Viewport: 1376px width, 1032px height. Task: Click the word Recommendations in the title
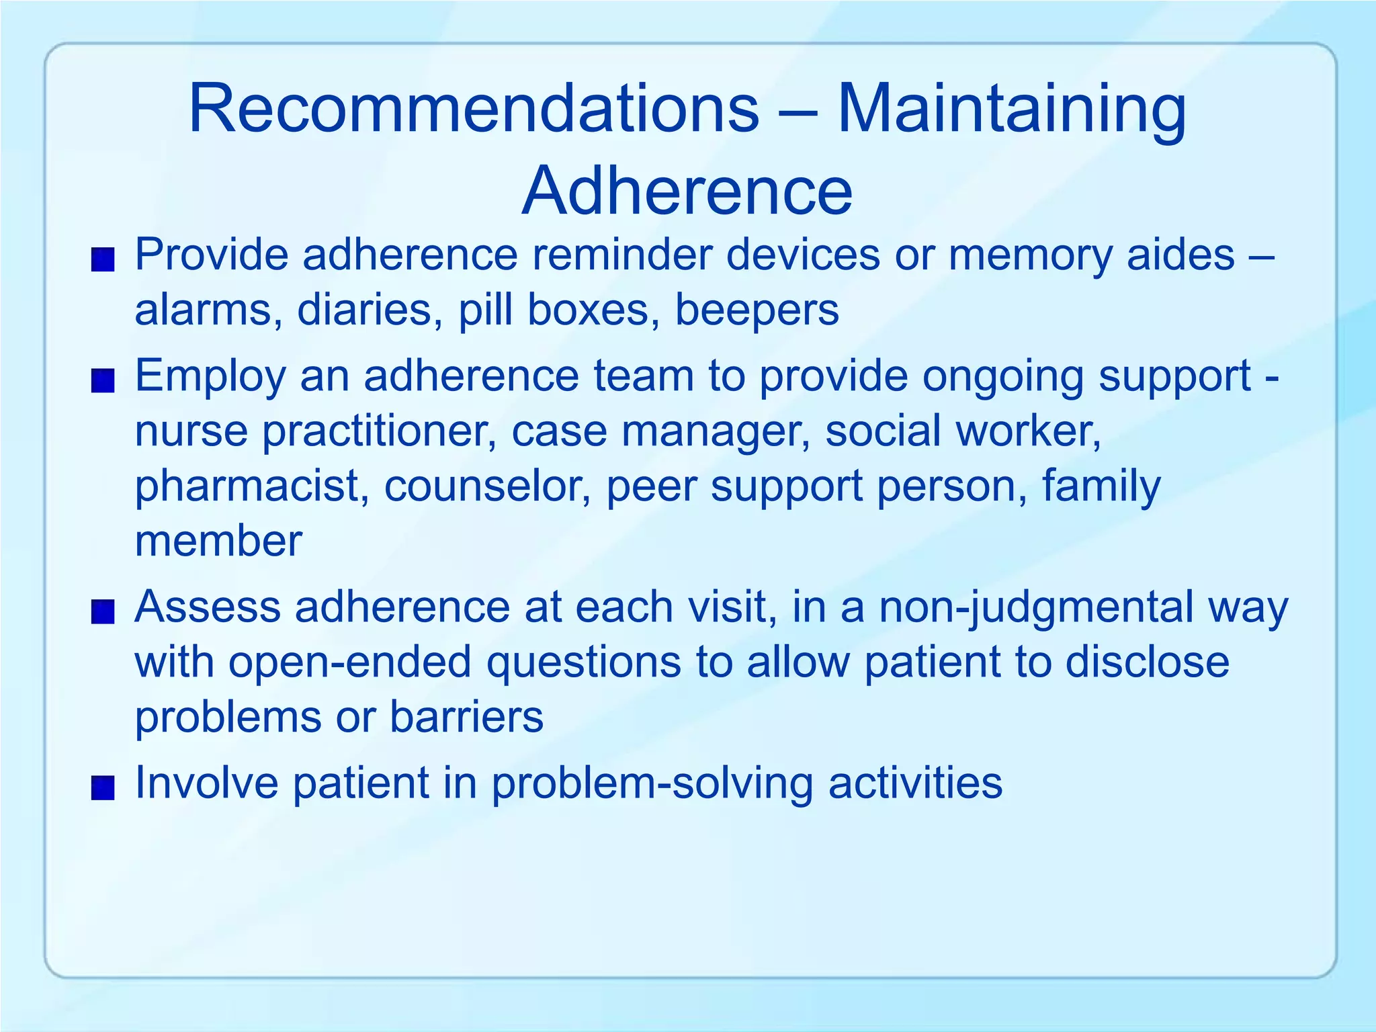tap(474, 109)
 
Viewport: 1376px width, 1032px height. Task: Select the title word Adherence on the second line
tap(687, 191)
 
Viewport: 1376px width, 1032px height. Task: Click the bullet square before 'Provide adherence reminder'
tap(103, 259)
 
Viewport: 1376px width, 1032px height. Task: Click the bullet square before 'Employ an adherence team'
tap(103, 380)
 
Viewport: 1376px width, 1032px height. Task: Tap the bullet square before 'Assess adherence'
tap(103, 612)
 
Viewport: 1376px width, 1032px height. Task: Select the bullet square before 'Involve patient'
tap(103, 787)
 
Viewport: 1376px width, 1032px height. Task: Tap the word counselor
tap(487, 486)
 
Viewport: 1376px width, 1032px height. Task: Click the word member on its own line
tap(218, 542)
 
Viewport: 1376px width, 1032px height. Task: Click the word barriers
tap(466, 718)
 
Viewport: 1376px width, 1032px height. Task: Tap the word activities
tap(915, 783)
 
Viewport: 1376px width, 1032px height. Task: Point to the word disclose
tap(1147, 662)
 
